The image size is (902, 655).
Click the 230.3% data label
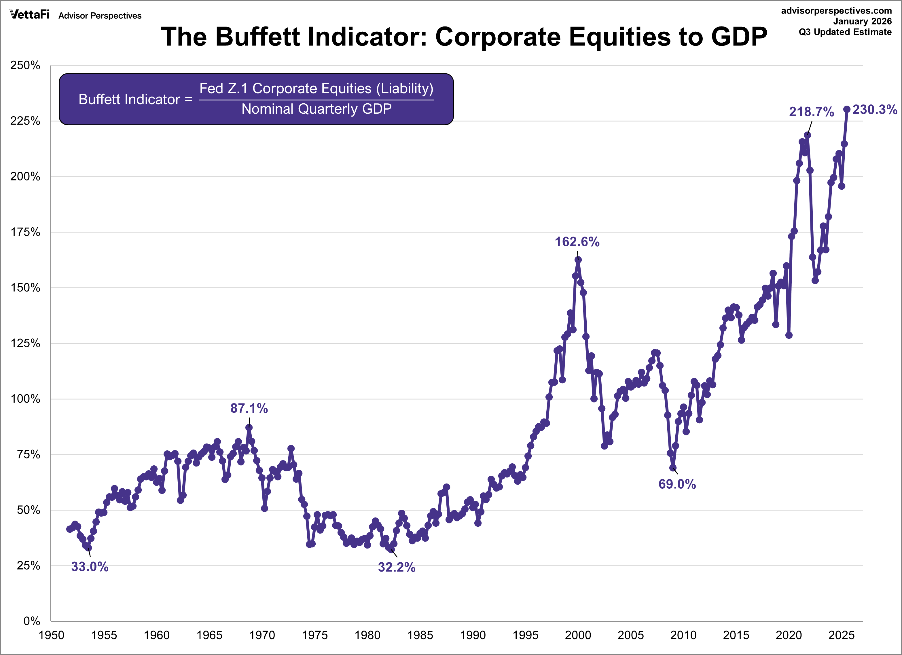875,109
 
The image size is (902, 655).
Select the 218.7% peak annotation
811,112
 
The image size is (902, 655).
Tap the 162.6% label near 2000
577,242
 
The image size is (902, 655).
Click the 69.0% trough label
677,484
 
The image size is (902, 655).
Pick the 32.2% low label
397,567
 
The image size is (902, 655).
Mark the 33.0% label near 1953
90,567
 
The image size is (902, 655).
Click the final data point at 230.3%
847,109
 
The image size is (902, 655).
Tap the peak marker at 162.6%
578,260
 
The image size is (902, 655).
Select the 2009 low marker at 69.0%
672,468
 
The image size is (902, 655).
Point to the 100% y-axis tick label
25,399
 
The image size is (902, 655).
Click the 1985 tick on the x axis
420,635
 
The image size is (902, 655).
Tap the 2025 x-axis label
841,635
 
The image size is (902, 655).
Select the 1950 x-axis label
51,635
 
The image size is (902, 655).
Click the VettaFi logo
29,15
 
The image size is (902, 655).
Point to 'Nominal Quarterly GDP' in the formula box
317,108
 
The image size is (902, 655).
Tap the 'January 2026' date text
862,22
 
